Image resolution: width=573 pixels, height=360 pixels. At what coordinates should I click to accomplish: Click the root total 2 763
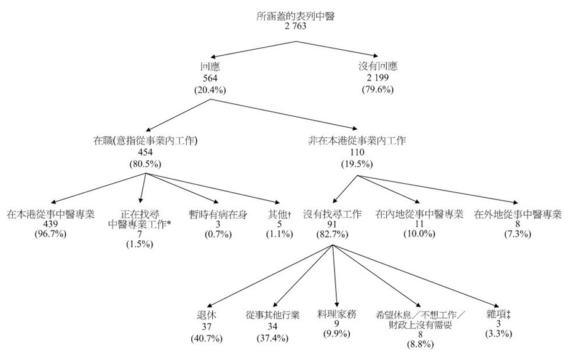coord(295,26)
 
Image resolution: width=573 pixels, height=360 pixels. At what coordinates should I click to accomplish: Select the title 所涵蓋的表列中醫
coord(295,17)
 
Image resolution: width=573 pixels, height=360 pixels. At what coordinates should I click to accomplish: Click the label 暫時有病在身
coord(219,214)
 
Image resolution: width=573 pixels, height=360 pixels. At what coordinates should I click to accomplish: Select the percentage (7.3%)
coord(518,235)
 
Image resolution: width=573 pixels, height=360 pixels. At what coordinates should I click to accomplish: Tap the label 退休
coord(207,315)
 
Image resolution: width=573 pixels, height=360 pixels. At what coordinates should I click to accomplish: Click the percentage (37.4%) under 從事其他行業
coord(272,338)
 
